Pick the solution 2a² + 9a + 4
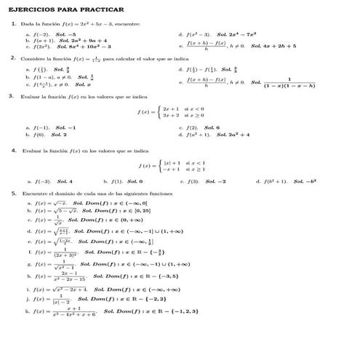click(87, 41)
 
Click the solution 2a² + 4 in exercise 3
click(233, 135)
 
